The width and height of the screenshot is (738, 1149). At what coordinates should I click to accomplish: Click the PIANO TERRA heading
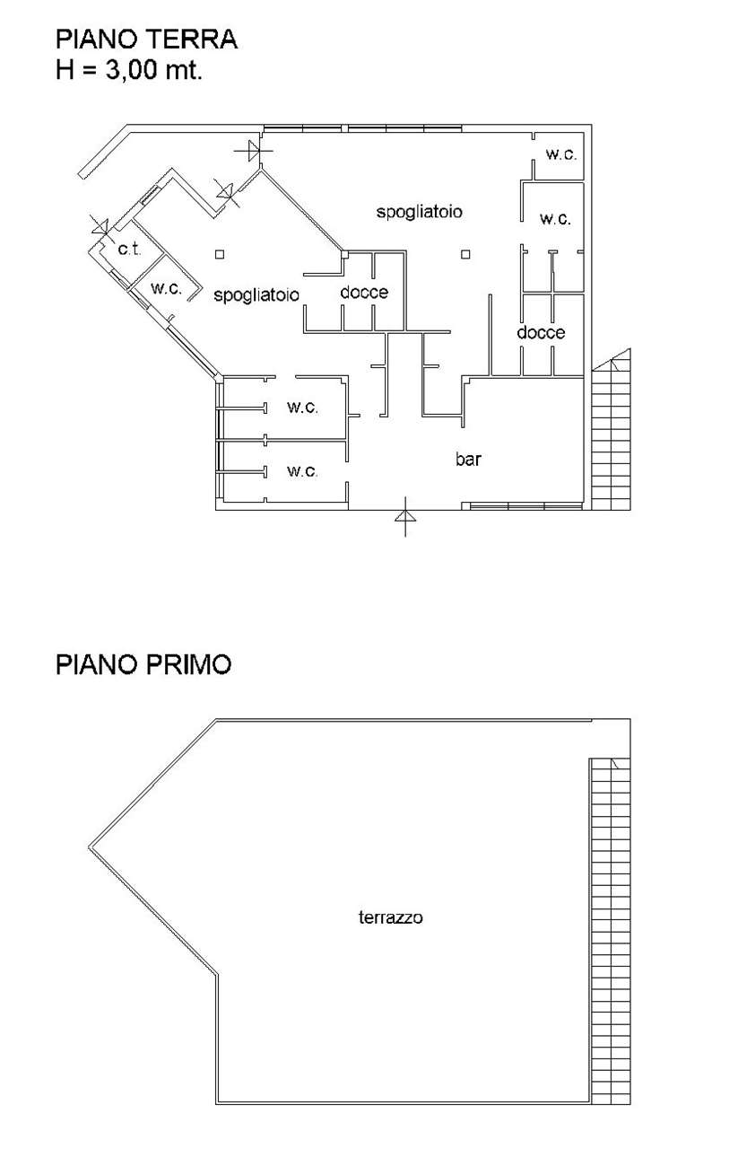[x=146, y=39]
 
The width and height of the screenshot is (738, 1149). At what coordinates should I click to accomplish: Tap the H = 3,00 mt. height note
[x=129, y=70]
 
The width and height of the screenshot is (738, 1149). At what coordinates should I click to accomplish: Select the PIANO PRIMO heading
[x=143, y=664]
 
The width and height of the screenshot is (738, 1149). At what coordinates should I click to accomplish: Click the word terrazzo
[x=391, y=917]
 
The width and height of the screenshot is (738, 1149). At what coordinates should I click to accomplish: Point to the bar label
[x=468, y=459]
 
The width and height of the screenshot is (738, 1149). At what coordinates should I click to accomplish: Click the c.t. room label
[x=129, y=250]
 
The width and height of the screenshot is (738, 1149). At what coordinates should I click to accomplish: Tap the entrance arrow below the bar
[x=405, y=516]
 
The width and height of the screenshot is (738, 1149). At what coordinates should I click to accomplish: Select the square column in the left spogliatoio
[x=220, y=254]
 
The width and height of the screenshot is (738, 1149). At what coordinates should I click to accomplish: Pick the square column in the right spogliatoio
[x=465, y=254]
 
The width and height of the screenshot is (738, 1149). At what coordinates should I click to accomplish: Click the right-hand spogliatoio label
[x=420, y=212]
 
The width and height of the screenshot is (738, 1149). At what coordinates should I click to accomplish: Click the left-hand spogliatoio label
[x=256, y=295]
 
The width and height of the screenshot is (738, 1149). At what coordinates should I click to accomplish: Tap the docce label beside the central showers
[x=364, y=293]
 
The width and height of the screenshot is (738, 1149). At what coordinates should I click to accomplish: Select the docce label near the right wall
[x=541, y=332]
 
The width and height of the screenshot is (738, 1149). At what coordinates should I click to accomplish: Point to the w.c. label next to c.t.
[x=167, y=288]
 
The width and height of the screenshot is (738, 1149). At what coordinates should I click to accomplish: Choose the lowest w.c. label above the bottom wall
[x=302, y=471]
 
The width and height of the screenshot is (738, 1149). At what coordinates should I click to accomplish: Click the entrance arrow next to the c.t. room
[x=101, y=225]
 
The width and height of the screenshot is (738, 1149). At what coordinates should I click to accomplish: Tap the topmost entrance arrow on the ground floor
[x=253, y=151]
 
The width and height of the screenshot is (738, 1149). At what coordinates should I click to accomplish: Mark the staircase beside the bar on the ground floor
[x=611, y=429]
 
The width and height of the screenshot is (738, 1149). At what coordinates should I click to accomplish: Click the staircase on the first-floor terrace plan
[x=610, y=931]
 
